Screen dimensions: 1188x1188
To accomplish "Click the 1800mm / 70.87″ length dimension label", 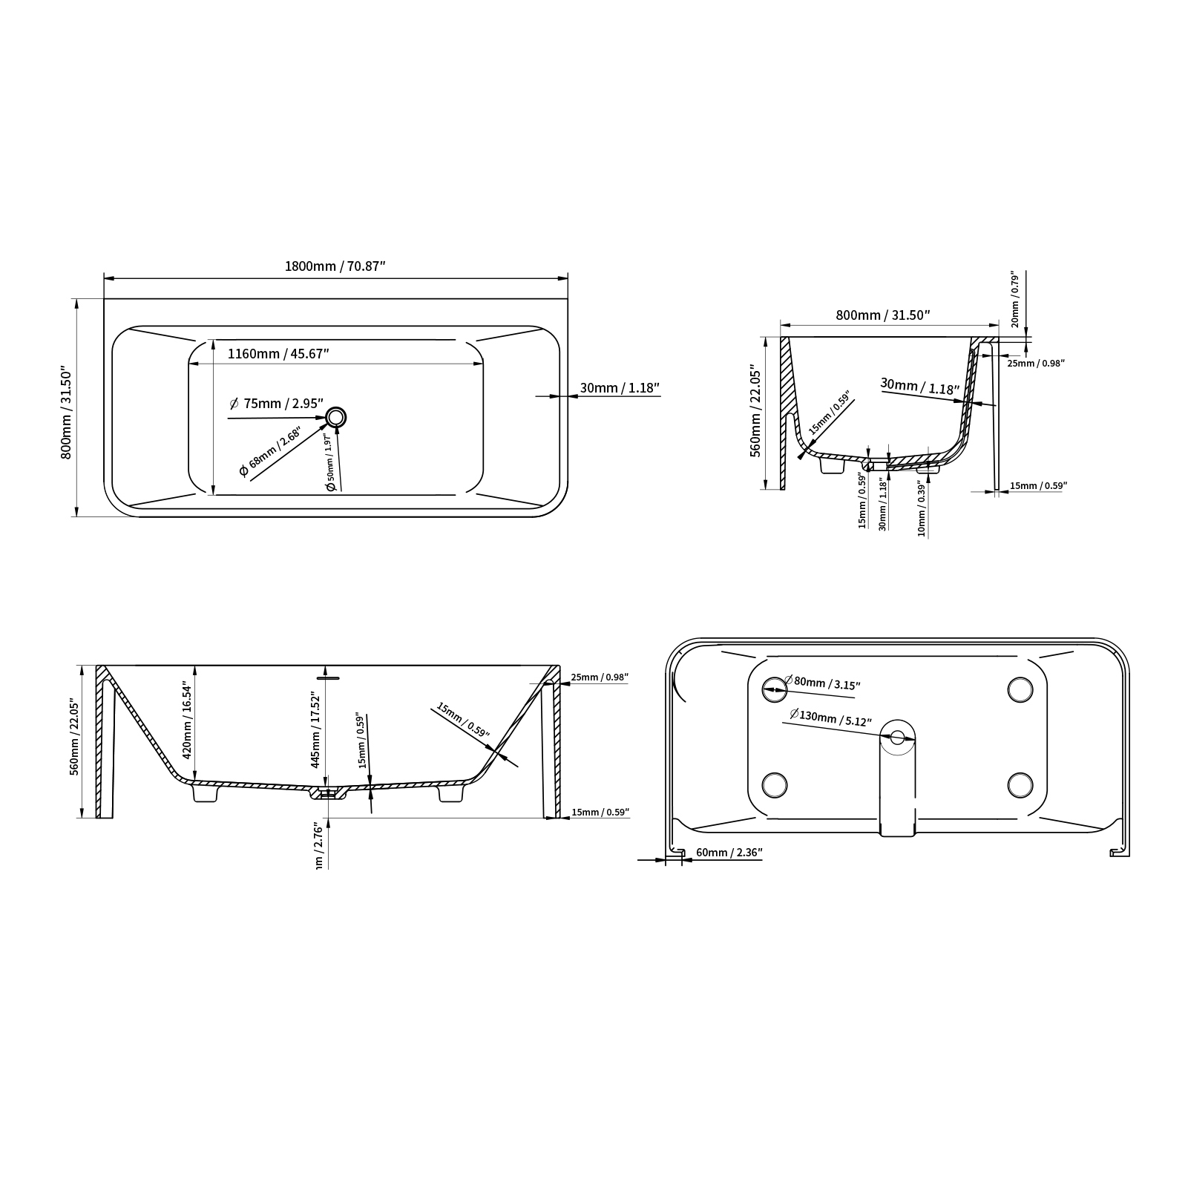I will [335, 266].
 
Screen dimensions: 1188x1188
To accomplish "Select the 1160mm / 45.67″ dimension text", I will [278, 354].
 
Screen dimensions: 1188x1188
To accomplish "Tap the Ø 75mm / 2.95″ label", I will [277, 404].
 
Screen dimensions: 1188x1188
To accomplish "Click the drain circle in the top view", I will [336, 418].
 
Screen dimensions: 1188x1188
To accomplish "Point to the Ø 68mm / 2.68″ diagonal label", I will [270, 452].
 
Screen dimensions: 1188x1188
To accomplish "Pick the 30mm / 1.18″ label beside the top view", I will [620, 387].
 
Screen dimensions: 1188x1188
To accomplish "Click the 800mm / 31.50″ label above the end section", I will [883, 315].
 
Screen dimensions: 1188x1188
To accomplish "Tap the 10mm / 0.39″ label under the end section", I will [921, 508].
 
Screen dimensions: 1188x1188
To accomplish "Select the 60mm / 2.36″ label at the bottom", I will [729, 853].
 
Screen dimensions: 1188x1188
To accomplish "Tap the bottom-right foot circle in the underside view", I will [1020, 784].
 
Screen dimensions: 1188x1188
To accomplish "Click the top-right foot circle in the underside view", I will [1020, 689].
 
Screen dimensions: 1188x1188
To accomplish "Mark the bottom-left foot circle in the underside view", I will [775, 784].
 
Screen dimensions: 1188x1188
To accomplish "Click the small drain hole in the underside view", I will [898, 738].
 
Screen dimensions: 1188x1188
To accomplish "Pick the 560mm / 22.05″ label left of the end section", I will [755, 410].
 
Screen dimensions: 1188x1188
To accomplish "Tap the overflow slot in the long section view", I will [327, 677].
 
